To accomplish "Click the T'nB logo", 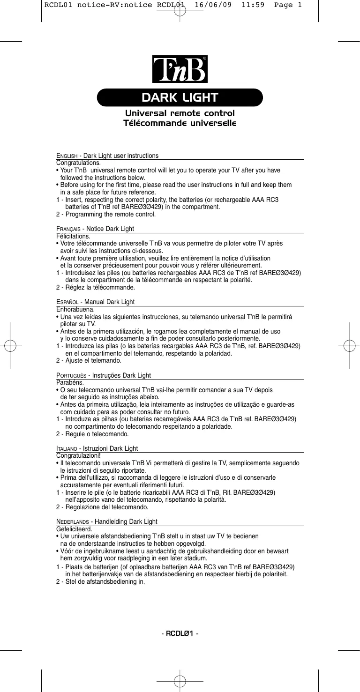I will pyautogui.click(x=180, y=71).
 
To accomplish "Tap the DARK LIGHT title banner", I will pyautogui.click(x=180, y=97).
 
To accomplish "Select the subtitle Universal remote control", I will pyautogui.click(x=180, y=114).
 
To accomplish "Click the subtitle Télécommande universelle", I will pyautogui.click(x=180, y=124).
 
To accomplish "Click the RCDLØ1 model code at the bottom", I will pyautogui.click(x=180, y=634).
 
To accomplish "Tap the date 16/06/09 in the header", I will pyautogui.click(x=213, y=5).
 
